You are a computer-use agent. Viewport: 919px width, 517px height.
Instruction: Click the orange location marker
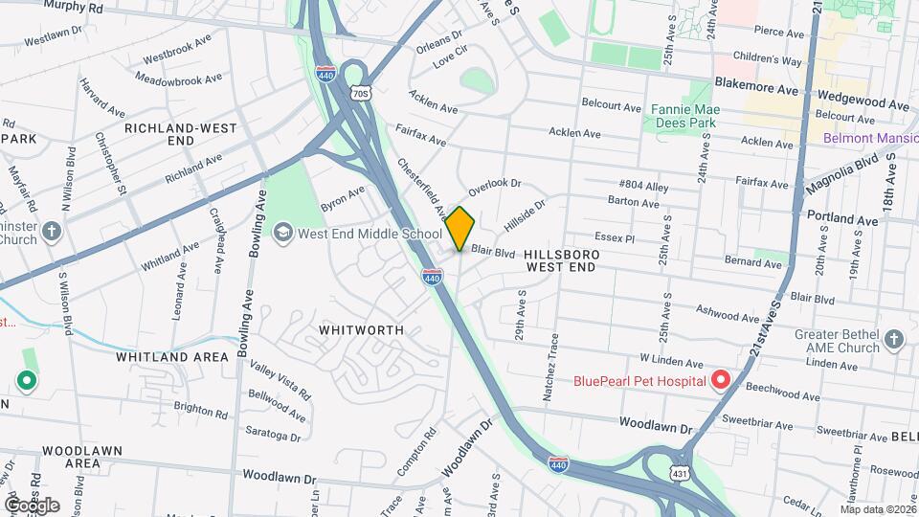coord(460,228)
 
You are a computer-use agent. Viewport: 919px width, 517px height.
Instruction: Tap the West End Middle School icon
coord(282,233)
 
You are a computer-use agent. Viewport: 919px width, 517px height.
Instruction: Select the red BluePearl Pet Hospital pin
coord(720,381)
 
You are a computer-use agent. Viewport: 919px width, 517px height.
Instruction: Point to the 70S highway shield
coord(360,93)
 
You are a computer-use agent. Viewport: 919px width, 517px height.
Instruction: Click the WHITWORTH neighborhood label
coord(361,329)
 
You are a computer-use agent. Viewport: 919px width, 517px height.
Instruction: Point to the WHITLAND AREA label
coord(172,357)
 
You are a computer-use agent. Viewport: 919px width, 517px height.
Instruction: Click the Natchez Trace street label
coord(552,355)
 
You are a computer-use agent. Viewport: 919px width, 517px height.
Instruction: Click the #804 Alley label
coord(643,185)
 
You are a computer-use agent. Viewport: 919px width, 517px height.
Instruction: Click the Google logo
coord(32,505)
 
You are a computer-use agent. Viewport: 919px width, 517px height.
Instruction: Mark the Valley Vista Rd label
coord(280,380)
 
